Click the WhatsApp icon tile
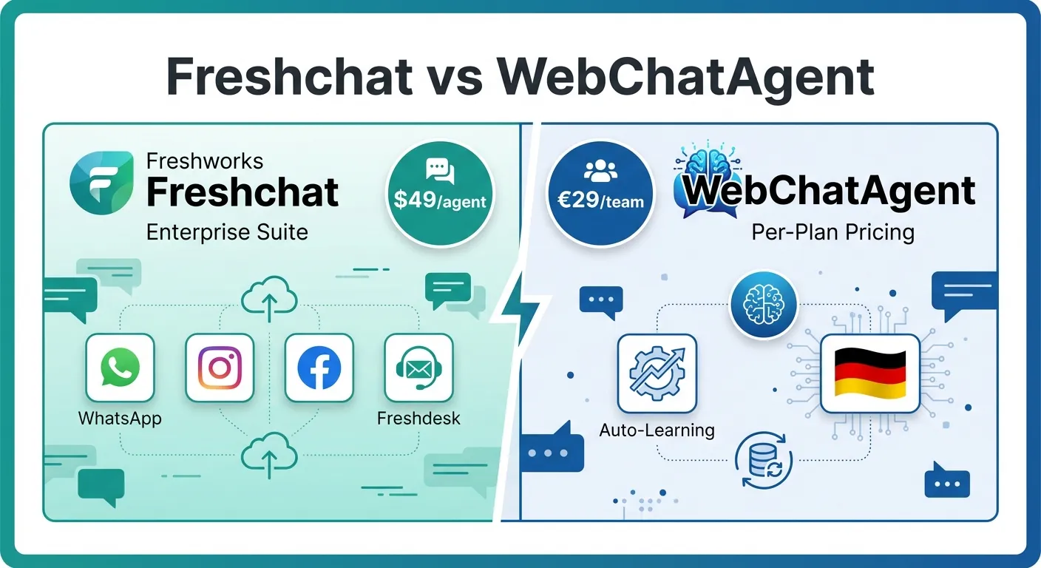[120, 368]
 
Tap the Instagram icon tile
[220, 368]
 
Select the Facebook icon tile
[319, 368]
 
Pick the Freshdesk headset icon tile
[418, 368]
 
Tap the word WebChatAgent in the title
[685, 76]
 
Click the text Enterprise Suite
[227, 232]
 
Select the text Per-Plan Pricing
[833, 232]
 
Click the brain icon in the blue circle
[764, 303]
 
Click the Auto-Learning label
[657, 430]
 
